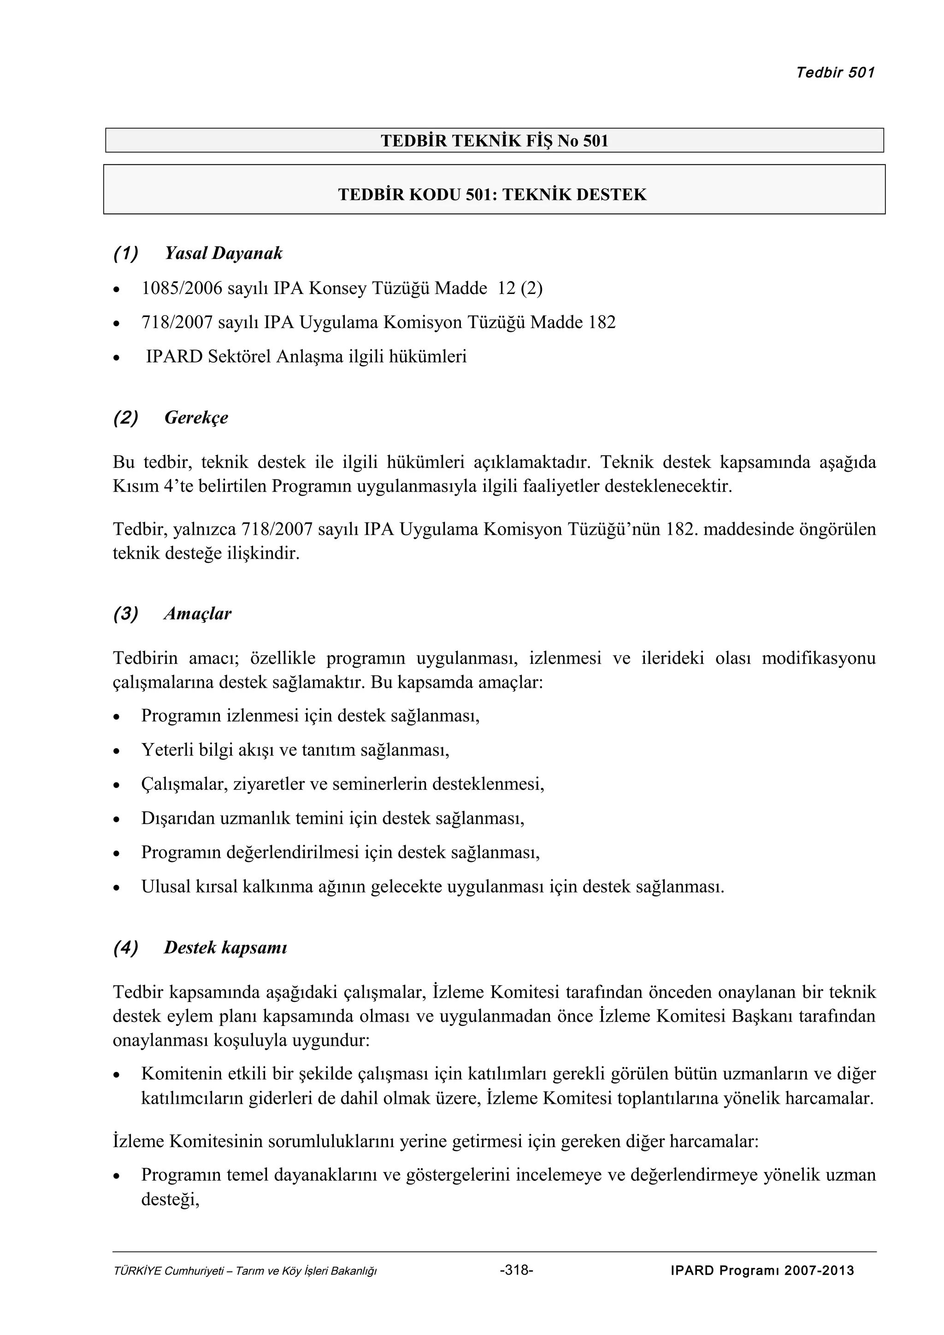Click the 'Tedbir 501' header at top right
pos(835,73)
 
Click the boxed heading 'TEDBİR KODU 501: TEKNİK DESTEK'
pos(492,194)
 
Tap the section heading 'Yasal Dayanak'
pos(224,253)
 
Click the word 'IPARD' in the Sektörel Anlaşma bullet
pos(173,357)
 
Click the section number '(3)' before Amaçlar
pos(126,614)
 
